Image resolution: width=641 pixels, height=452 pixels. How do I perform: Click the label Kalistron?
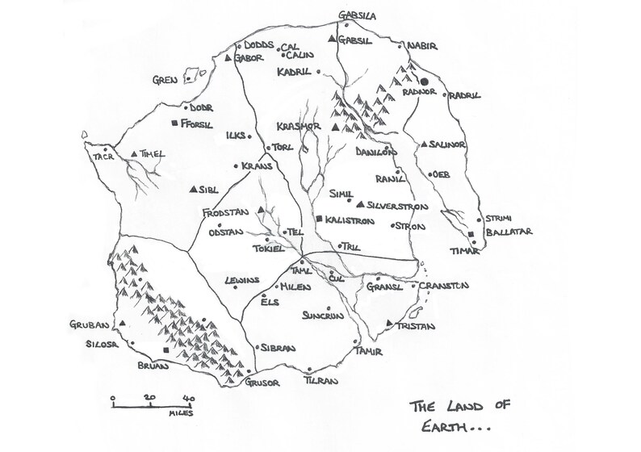click(352, 220)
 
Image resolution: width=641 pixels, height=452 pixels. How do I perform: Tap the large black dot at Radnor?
click(423, 82)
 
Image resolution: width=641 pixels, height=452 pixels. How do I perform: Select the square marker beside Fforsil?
click(175, 123)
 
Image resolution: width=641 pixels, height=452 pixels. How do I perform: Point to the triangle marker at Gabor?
click(228, 60)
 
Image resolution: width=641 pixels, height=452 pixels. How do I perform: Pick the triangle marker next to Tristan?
click(390, 324)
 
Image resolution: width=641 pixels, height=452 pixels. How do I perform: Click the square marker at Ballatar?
click(471, 234)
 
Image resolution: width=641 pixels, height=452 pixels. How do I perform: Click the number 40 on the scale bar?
click(187, 398)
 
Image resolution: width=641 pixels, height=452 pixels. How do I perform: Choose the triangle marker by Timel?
click(133, 153)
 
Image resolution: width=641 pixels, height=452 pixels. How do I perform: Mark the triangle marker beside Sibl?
click(194, 190)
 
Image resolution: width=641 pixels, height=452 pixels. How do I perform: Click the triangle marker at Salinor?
click(422, 144)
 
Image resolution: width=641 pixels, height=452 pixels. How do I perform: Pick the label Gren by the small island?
click(165, 79)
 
